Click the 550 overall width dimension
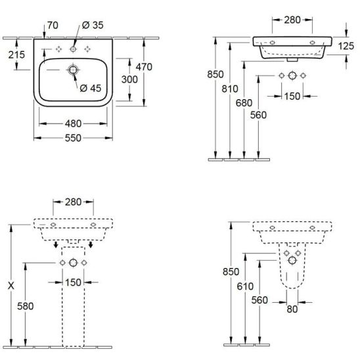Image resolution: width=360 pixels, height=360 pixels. pos(73,138)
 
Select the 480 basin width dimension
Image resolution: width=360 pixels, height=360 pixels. pos(73,124)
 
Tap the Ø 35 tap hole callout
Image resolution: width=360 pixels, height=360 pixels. pos(93,25)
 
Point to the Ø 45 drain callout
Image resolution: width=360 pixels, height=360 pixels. pos(91,88)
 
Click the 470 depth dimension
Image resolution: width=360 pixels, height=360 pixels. pos(144,67)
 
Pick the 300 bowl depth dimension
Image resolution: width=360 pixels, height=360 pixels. pos(129,79)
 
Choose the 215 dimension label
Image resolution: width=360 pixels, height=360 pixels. pos(16,55)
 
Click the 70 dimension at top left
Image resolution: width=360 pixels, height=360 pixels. pos(53,25)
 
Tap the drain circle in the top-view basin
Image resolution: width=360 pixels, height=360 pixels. pos(73,70)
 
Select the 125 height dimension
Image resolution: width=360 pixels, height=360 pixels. pos(346,46)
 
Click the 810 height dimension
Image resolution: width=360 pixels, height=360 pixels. pos(230,89)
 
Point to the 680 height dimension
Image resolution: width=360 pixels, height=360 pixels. pos(244,103)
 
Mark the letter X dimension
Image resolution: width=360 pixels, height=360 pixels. pos(11,286)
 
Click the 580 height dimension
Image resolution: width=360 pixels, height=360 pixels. pos(25,306)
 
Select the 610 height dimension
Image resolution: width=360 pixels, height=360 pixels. pos(245,286)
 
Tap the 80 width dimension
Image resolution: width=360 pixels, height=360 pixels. pos(292,309)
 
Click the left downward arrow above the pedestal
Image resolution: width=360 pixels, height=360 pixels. pos(56,245)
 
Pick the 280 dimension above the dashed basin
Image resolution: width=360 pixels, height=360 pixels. pos(73,202)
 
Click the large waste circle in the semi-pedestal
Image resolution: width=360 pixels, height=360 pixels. pos(292,260)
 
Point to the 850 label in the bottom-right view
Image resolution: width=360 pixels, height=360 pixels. pos(231,272)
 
